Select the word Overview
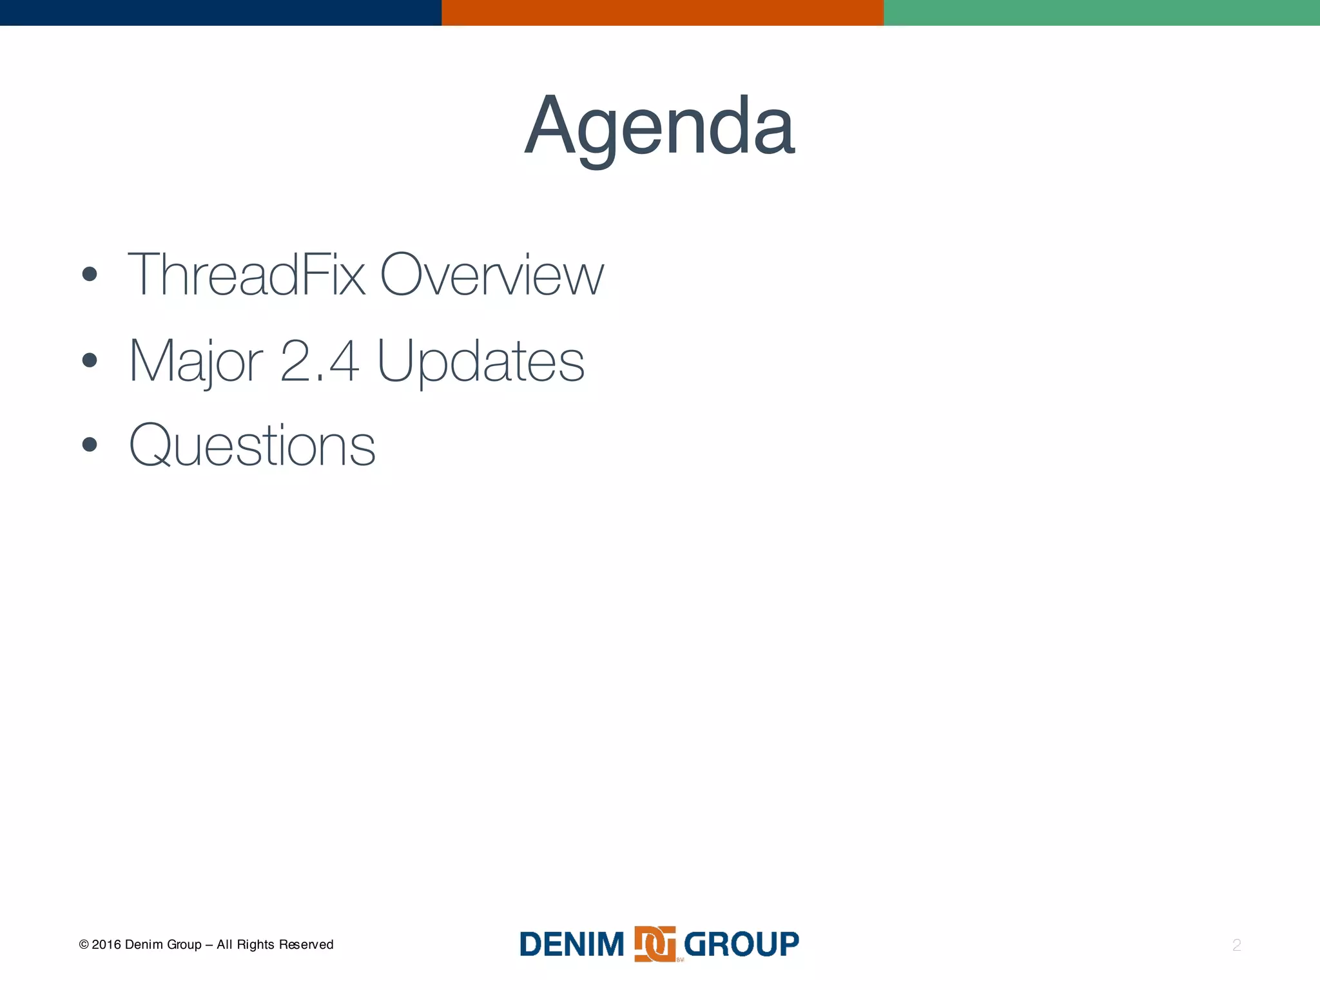491,275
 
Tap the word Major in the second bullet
195,362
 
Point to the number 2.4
320,362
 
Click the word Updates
480,362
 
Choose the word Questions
252,446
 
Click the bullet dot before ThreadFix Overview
90,275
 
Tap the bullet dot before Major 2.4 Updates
90,360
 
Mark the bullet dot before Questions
90,445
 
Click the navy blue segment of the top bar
220,12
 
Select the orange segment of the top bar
662,12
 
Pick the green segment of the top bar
1102,12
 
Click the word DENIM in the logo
572,945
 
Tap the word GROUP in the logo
741,945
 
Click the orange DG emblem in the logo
655,944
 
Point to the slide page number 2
1236,946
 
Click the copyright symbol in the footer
84,945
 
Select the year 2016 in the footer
106,945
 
